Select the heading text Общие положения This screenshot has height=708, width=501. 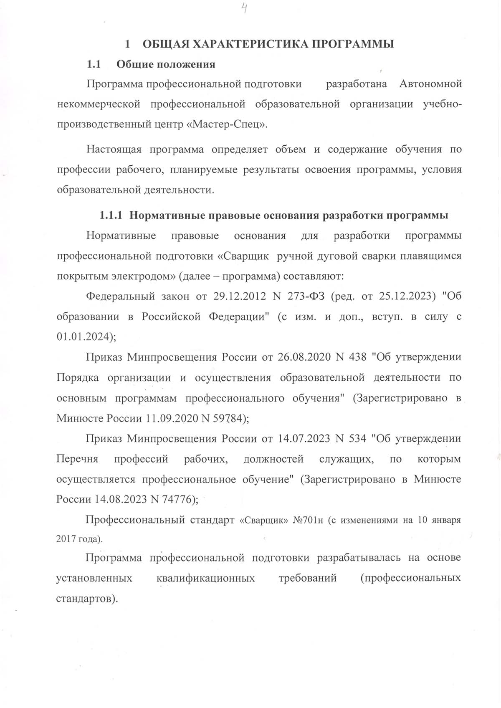tap(166, 64)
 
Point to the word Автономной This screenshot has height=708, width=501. tap(430, 84)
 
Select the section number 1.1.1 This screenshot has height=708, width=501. tap(111, 215)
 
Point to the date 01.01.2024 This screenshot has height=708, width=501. tap(84, 337)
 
